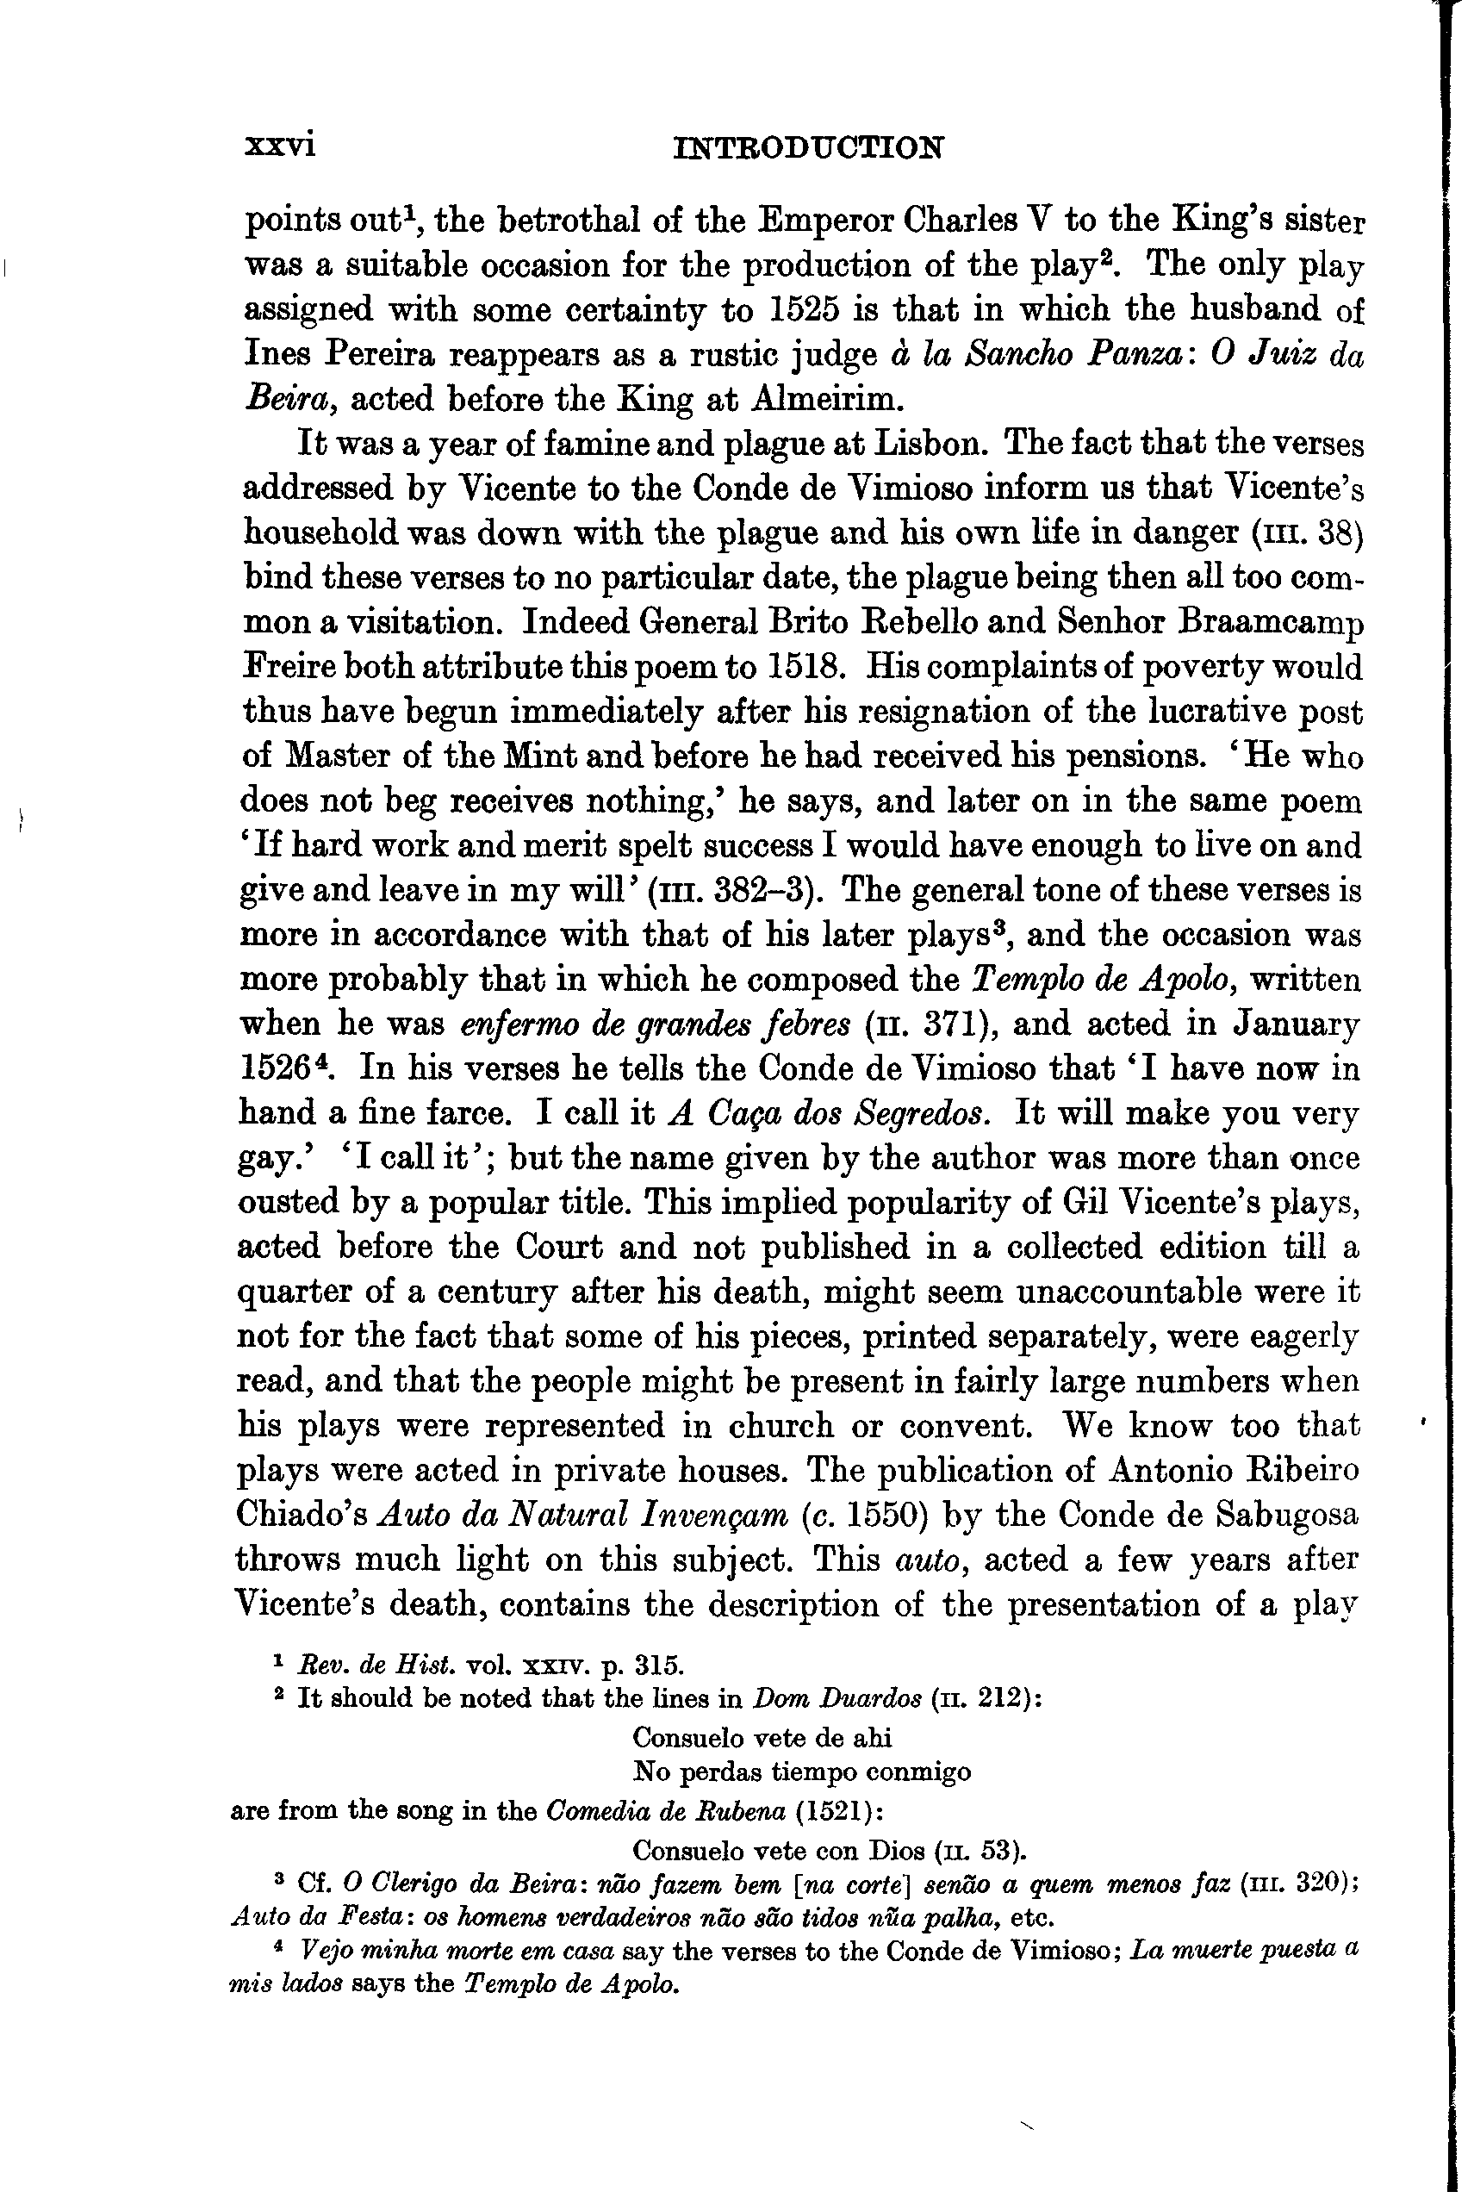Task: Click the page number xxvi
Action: (279, 146)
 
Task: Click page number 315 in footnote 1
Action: (658, 1665)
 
